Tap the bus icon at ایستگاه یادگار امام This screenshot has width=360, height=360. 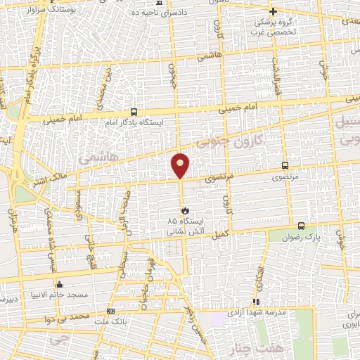click(134, 112)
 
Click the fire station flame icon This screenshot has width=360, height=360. click(185, 210)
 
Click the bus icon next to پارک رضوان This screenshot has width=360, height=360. click(301, 226)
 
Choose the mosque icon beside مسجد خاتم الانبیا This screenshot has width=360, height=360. click(59, 285)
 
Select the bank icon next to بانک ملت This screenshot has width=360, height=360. click(110, 310)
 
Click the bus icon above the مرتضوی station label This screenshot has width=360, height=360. click(284, 165)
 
